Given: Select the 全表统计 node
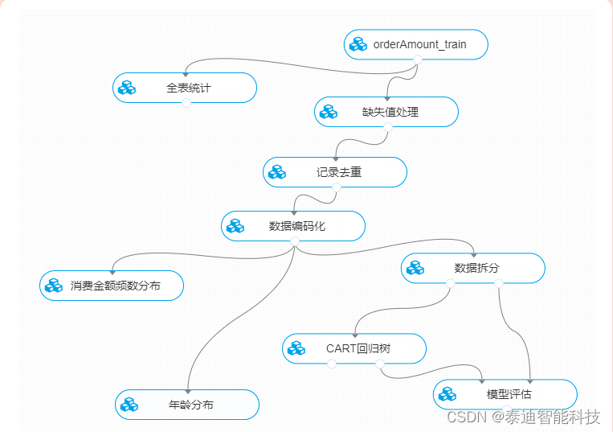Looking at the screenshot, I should click(188, 88).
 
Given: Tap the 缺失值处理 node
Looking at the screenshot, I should click(390, 112).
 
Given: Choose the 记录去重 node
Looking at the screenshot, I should click(338, 172).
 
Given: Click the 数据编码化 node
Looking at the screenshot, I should click(296, 226).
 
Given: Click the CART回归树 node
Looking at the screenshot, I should click(358, 348).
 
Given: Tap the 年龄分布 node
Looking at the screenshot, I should click(191, 405).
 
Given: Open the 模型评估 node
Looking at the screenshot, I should click(509, 394).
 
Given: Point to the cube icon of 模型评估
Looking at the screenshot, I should click(447, 394).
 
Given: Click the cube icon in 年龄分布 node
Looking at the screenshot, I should click(129, 405).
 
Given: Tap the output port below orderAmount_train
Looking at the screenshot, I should click(417, 59).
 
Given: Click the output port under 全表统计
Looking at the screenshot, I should click(185, 102).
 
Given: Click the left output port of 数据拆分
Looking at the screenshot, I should click(449, 282).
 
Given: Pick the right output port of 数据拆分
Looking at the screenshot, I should click(498, 282).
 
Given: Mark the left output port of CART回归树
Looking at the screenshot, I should click(331, 363).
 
